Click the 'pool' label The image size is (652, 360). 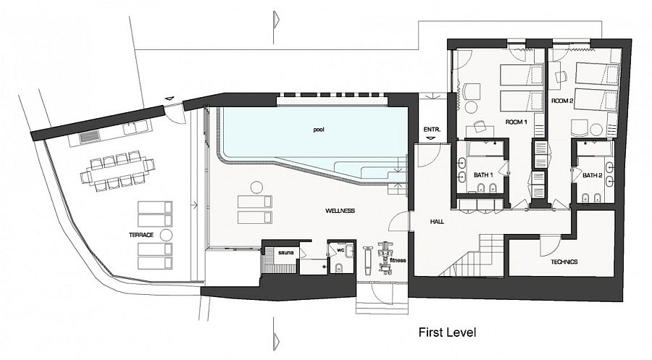click(x=319, y=130)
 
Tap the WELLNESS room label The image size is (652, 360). click(x=340, y=211)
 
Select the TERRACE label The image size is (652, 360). click(x=141, y=235)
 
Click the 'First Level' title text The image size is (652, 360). click(x=447, y=332)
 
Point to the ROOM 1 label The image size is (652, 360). click(x=517, y=122)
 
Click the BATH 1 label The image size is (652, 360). click(x=484, y=175)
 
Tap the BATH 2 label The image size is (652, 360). click(x=593, y=175)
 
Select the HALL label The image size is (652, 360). click(x=437, y=222)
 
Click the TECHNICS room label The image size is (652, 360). click(x=564, y=262)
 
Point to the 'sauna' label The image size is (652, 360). click(x=286, y=252)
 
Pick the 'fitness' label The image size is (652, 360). click(x=398, y=260)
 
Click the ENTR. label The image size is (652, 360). click(x=430, y=129)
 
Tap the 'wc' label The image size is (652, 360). click(x=340, y=250)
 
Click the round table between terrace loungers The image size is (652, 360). click(x=167, y=235)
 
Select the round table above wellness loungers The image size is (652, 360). click(x=256, y=187)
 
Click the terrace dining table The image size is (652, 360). click(x=117, y=171)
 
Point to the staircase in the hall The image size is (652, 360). click(x=473, y=255)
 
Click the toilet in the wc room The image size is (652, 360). click(x=338, y=268)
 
